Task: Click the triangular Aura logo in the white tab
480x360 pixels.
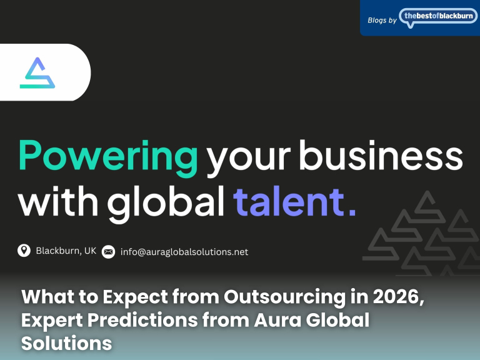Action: [x=37, y=73]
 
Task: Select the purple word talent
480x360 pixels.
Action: [x=287, y=201]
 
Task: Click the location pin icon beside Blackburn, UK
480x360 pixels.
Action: [x=24, y=251]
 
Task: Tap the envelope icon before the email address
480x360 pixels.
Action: [x=108, y=252]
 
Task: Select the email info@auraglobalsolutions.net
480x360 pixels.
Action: [x=184, y=252]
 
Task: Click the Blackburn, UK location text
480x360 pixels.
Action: [x=66, y=251]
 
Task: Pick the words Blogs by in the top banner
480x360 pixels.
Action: [x=382, y=20]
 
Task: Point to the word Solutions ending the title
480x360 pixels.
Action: [x=66, y=343]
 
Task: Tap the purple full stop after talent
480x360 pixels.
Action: [x=352, y=211]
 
